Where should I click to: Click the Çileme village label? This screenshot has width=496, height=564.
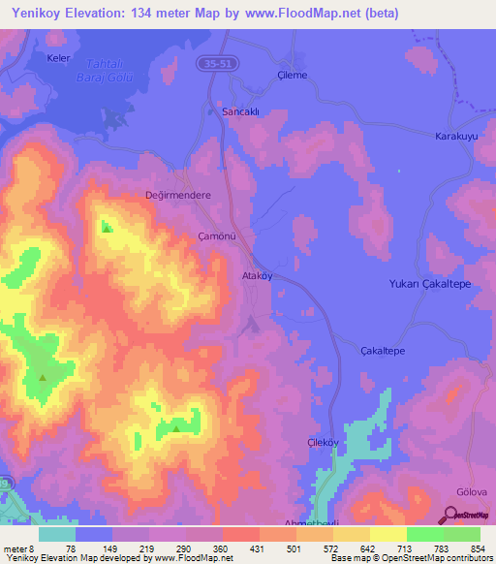pos(292,75)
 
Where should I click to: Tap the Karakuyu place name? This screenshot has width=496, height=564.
pos(456,137)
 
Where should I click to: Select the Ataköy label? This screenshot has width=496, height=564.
pos(260,275)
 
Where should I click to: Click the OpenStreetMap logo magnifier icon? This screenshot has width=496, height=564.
pos(451,514)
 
